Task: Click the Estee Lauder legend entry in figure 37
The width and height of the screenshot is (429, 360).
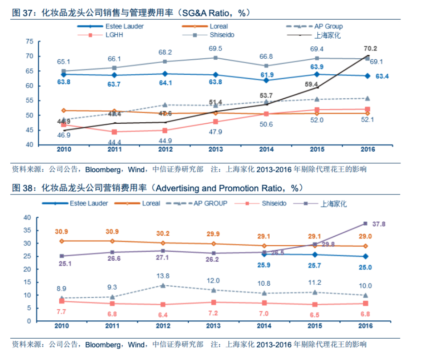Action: tap(115, 26)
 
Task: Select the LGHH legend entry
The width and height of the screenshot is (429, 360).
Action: tap(115, 35)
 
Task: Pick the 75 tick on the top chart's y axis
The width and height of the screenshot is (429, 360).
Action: tap(30, 41)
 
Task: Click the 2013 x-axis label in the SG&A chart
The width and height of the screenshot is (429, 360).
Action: tap(215, 150)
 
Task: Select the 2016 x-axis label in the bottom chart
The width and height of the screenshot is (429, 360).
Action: tap(365, 326)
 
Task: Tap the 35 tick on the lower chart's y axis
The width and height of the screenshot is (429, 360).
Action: tap(27, 231)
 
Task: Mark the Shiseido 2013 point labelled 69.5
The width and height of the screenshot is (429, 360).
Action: tap(215, 57)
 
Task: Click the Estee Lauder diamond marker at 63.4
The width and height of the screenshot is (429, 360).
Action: tap(367, 76)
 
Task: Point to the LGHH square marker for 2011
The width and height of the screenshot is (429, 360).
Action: tap(114, 132)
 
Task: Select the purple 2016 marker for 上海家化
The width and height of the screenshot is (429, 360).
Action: tap(365, 223)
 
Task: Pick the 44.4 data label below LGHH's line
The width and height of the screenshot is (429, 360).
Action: tap(114, 142)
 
